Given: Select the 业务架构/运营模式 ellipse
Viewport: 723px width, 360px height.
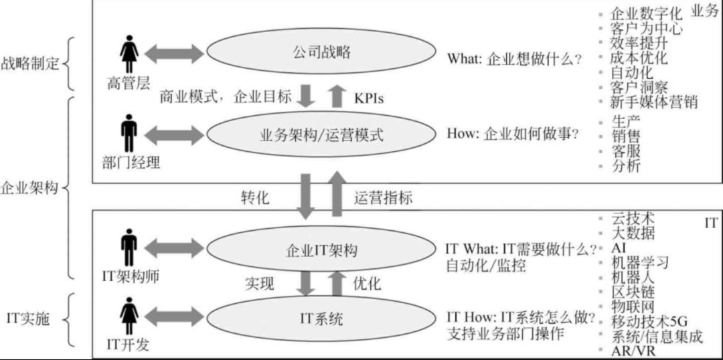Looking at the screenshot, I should click(x=321, y=134).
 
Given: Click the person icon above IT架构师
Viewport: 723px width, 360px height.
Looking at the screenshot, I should click(x=129, y=248).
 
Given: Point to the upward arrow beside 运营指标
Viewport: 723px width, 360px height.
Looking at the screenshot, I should click(x=337, y=194).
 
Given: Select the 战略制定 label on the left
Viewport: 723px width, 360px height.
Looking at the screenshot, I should click(x=30, y=64).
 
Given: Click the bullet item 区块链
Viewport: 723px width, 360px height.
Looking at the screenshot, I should click(x=633, y=292).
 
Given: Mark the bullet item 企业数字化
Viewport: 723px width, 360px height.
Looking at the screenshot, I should click(x=647, y=13).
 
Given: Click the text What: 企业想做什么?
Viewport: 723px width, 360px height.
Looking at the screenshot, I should click(x=514, y=58).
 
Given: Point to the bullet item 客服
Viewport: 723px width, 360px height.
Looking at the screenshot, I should click(x=626, y=151).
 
